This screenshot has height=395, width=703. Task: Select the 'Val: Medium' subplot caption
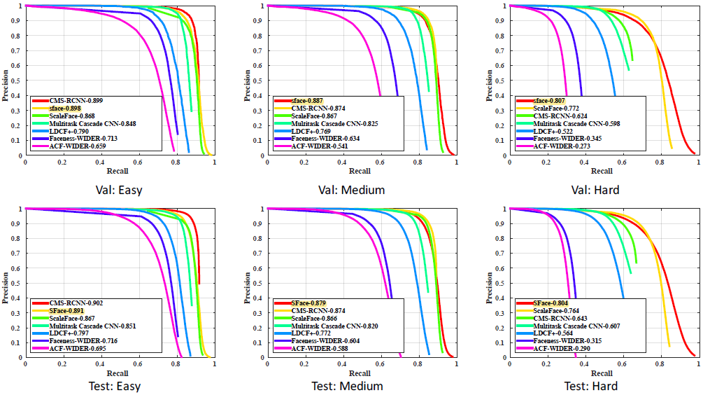359,189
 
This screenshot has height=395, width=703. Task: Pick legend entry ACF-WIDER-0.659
78,146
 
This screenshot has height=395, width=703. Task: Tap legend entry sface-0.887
308,101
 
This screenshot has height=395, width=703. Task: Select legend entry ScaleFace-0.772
558,109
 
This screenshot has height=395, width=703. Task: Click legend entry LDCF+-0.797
69,333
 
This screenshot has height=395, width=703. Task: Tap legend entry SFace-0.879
309,303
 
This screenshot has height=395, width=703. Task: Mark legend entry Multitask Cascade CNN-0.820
335,326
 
